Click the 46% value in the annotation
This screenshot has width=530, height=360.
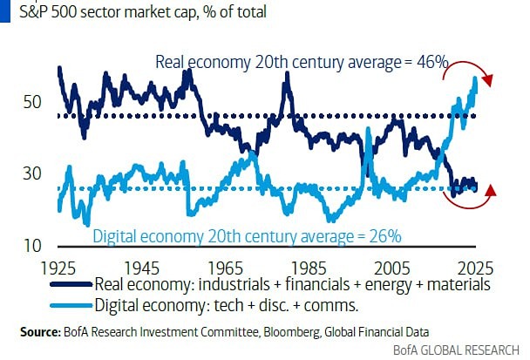click(x=431, y=62)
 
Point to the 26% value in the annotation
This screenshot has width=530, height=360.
click(x=384, y=235)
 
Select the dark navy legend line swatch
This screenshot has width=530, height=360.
click(x=69, y=284)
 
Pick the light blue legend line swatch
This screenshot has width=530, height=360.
click(x=69, y=305)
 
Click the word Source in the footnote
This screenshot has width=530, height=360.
click(x=41, y=332)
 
